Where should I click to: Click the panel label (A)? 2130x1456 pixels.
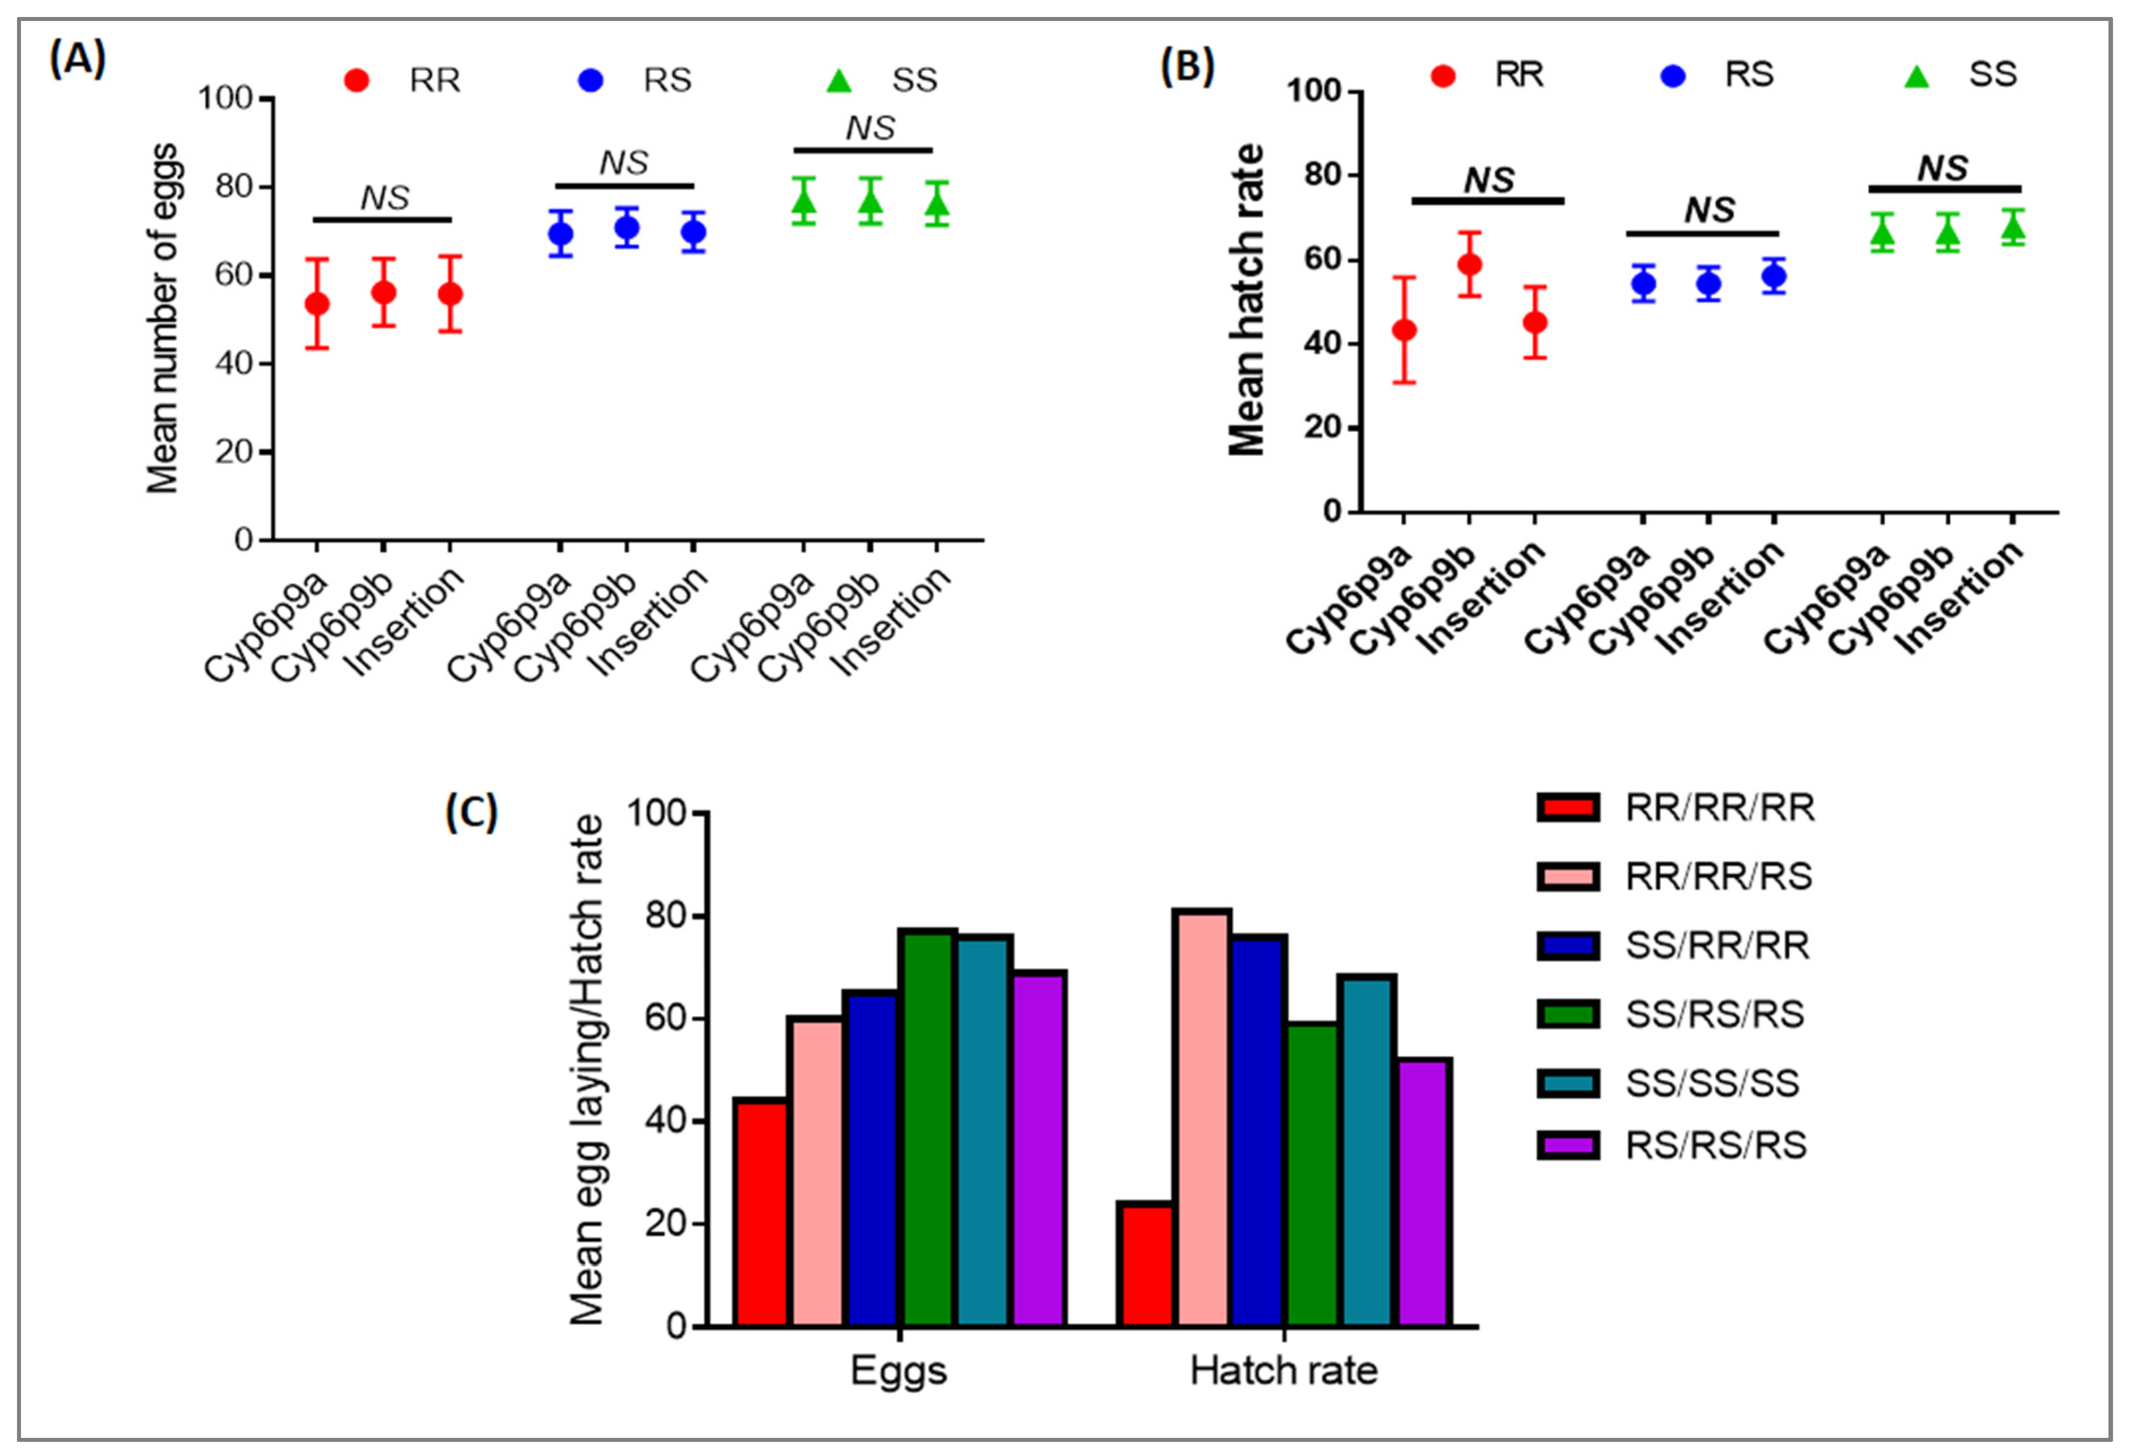click(x=78, y=59)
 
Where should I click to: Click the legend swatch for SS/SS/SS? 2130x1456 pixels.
click(x=1568, y=1084)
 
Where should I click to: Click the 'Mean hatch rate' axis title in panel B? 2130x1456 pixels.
click(x=1247, y=300)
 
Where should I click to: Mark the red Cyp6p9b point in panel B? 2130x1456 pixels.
click(x=1469, y=265)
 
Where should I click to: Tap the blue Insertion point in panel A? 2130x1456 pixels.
click(x=694, y=232)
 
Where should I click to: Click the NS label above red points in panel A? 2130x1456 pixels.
click(x=384, y=198)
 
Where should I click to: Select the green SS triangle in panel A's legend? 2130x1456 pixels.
click(x=839, y=80)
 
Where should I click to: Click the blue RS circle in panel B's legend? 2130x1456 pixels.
click(x=1673, y=75)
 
